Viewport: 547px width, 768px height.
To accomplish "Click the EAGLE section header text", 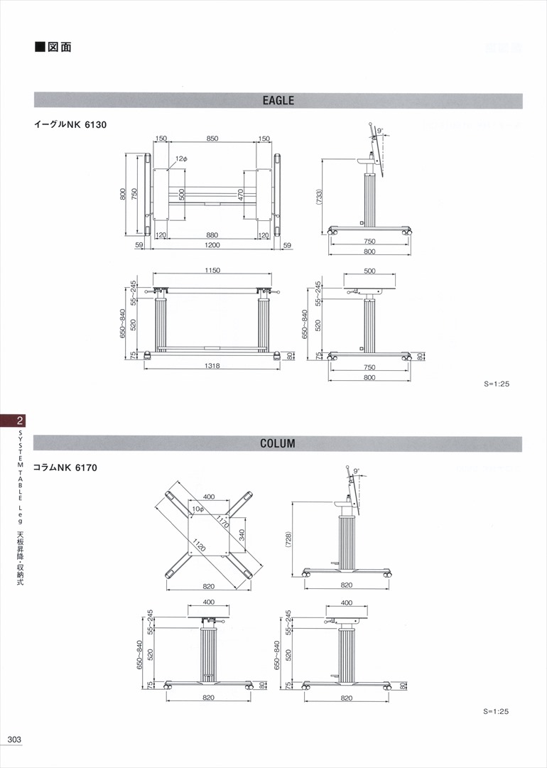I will [x=278, y=101].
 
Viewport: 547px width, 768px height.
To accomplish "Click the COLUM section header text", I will [x=278, y=443].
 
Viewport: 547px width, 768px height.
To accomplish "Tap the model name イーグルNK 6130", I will [x=70, y=125].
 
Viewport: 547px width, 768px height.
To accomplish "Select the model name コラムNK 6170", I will [x=65, y=467].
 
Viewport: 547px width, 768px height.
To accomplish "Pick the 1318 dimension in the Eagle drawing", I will [x=212, y=366].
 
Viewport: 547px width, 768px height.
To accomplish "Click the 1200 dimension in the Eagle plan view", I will [x=212, y=245].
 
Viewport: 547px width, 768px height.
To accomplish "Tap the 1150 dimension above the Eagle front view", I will [x=212, y=271].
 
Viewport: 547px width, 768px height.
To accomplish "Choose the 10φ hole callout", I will [x=197, y=509].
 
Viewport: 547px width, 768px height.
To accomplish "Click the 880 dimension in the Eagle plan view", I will [x=212, y=234].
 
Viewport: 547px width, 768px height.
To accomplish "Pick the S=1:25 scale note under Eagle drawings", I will [x=497, y=384].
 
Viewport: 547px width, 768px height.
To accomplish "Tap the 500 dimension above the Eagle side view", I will [x=369, y=271].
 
